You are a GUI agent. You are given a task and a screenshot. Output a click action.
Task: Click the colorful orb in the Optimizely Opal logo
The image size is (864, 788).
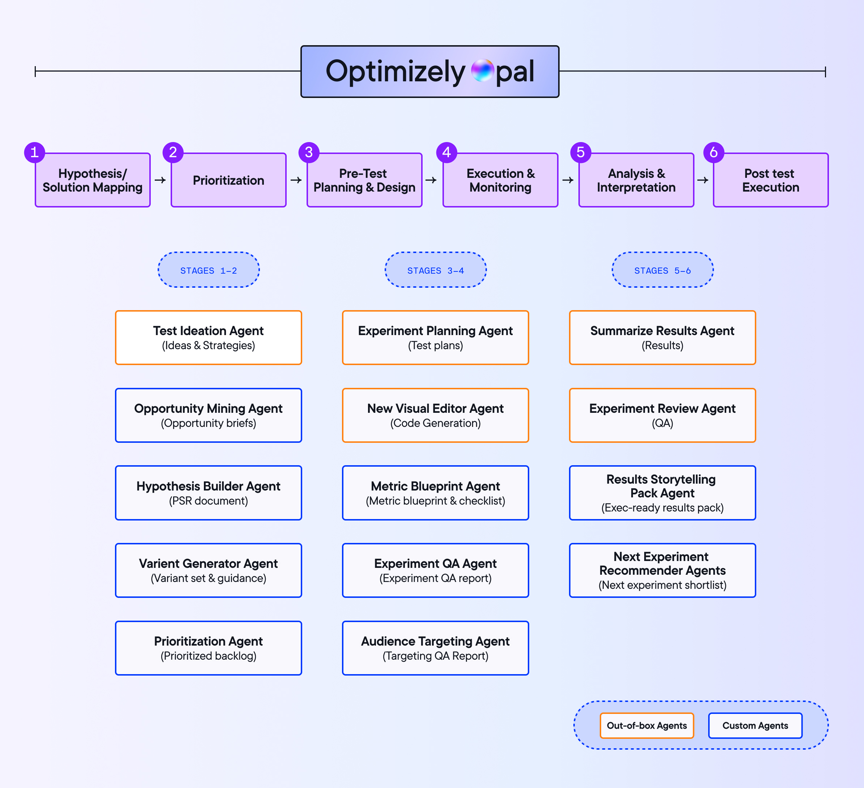point(483,71)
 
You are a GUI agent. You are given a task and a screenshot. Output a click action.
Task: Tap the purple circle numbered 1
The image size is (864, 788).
point(35,152)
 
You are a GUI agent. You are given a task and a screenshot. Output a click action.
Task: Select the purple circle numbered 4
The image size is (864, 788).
point(446,152)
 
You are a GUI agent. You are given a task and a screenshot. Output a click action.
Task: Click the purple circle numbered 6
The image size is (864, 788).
point(714,152)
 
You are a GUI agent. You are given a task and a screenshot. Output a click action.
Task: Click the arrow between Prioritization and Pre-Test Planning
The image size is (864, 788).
point(296,180)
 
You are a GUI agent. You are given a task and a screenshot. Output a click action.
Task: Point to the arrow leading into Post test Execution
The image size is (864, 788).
point(703,180)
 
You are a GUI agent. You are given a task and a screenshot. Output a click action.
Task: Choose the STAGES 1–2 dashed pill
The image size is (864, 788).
point(209,270)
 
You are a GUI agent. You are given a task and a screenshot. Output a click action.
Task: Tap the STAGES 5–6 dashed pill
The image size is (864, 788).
point(662,270)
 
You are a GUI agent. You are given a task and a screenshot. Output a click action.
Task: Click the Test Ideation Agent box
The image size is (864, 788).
point(209,338)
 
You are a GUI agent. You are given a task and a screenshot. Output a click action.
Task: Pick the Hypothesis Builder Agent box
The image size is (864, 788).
point(209,493)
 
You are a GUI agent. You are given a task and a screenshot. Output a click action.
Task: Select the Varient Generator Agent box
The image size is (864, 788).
point(209,570)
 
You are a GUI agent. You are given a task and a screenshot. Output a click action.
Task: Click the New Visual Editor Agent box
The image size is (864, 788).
point(435,415)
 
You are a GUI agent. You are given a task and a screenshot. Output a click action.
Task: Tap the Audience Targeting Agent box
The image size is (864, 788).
point(435,648)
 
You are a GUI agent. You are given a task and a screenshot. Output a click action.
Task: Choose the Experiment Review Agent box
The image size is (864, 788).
point(662,415)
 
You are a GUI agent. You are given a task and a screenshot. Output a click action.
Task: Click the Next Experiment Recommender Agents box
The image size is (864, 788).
point(662,570)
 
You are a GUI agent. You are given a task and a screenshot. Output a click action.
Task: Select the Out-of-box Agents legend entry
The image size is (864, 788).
point(647,725)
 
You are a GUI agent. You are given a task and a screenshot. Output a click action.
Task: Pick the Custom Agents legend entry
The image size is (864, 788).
point(755,725)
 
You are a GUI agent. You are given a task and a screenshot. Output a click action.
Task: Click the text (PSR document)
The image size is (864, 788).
point(209,501)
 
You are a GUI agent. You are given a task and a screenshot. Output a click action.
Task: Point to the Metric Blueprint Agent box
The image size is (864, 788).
point(435,493)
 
